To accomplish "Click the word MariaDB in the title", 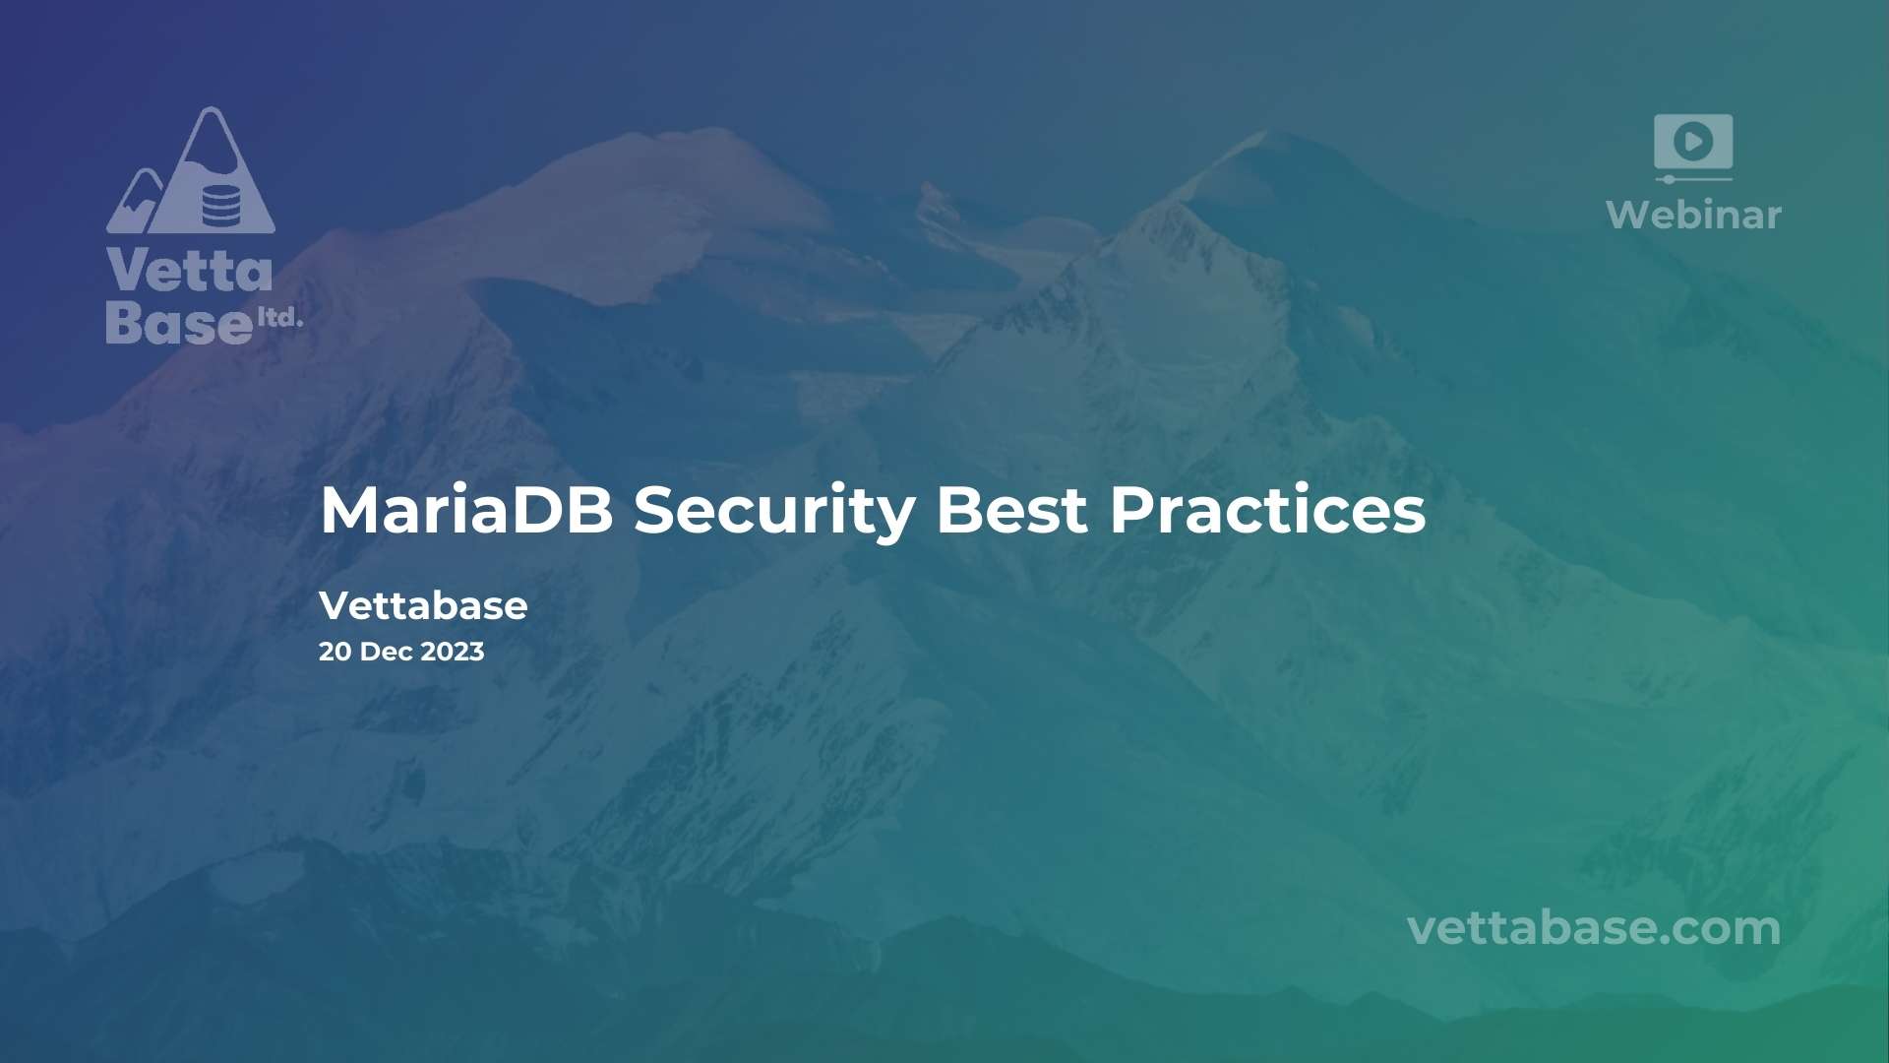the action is click(466, 510).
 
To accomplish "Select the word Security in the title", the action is click(774, 512).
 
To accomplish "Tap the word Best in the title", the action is click(1011, 510).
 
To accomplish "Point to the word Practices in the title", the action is click(1267, 510).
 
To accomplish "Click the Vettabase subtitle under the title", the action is click(423, 605).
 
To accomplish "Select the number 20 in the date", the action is click(335, 652).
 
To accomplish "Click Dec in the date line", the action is click(387, 652).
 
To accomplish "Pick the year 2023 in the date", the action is click(453, 652).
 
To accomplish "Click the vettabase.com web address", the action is click(1594, 928).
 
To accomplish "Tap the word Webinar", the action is click(1693, 215).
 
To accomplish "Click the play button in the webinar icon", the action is click(1693, 142).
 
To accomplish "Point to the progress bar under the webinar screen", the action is click(1693, 179).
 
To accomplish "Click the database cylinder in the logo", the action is click(220, 205).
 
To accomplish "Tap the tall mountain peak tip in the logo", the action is click(211, 107).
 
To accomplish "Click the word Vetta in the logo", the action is click(189, 270).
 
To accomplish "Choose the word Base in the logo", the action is click(179, 322).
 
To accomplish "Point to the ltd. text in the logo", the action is click(279, 317).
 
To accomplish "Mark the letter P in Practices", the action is click(1132, 510).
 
